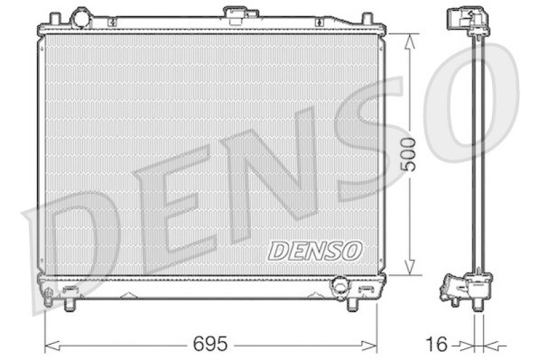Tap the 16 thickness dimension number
coord(437,344)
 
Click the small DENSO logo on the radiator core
coord(315,250)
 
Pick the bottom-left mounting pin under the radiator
coord(70,304)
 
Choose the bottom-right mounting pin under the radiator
coord(352,304)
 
